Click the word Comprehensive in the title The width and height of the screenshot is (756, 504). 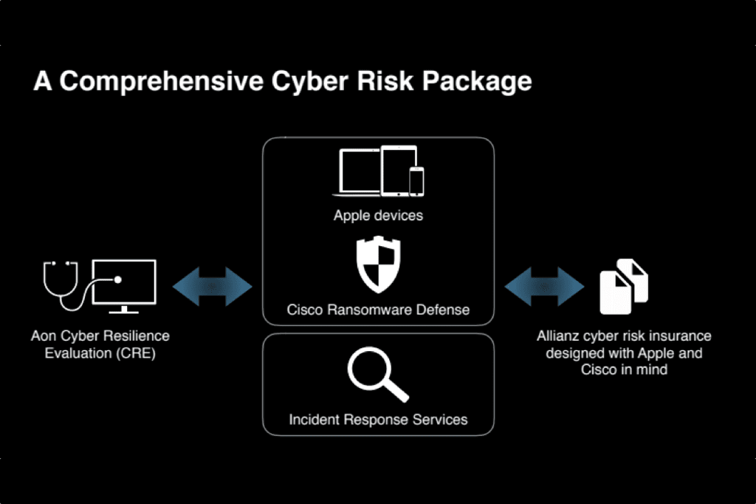pyautogui.click(x=162, y=81)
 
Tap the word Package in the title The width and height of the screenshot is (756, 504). pyautogui.click(x=477, y=81)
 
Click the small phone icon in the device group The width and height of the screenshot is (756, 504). pyautogui.click(x=416, y=182)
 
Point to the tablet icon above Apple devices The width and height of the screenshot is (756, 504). pyautogui.click(x=399, y=171)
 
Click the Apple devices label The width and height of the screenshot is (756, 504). pyautogui.click(x=378, y=215)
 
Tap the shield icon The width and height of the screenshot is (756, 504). pyautogui.click(x=379, y=264)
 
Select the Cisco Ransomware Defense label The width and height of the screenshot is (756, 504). pyautogui.click(x=378, y=310)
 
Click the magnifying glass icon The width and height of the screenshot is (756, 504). pyautogui.click(x=378, y=374)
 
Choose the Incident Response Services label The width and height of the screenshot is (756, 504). pyautogui.click(x=378, y=420)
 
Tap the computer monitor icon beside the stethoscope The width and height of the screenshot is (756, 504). pyautogui.click(x=124, y=286)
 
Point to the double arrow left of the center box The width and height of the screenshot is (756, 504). pyautogui.click(x=212, y=286)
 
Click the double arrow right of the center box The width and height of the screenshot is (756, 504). pyautogui.click(x=544, y=286)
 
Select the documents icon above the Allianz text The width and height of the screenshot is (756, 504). pyautogui.click(x=624, y=286)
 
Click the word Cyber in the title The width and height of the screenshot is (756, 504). pyautogui.click(x=309, y=81)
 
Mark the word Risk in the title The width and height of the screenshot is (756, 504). pyautogui.click(x=385, y=81)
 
